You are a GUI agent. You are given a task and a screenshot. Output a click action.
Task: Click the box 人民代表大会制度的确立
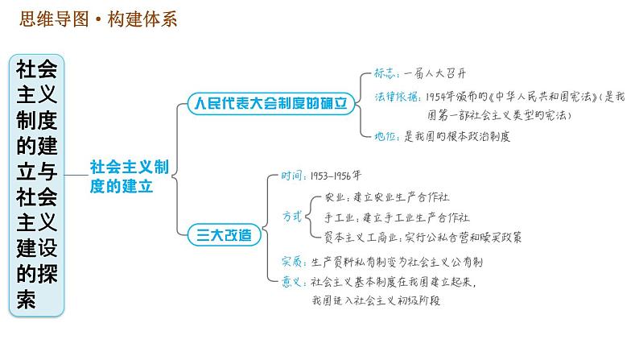270,104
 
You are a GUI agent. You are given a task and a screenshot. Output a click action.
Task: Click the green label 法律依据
397,97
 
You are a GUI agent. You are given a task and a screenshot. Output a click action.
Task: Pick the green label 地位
386,136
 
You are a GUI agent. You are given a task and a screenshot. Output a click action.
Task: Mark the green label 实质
291,261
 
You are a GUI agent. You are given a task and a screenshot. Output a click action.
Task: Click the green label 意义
291,281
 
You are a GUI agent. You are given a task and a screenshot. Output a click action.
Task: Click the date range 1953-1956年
339,176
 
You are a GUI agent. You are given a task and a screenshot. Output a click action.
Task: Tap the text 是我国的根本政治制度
456,136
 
